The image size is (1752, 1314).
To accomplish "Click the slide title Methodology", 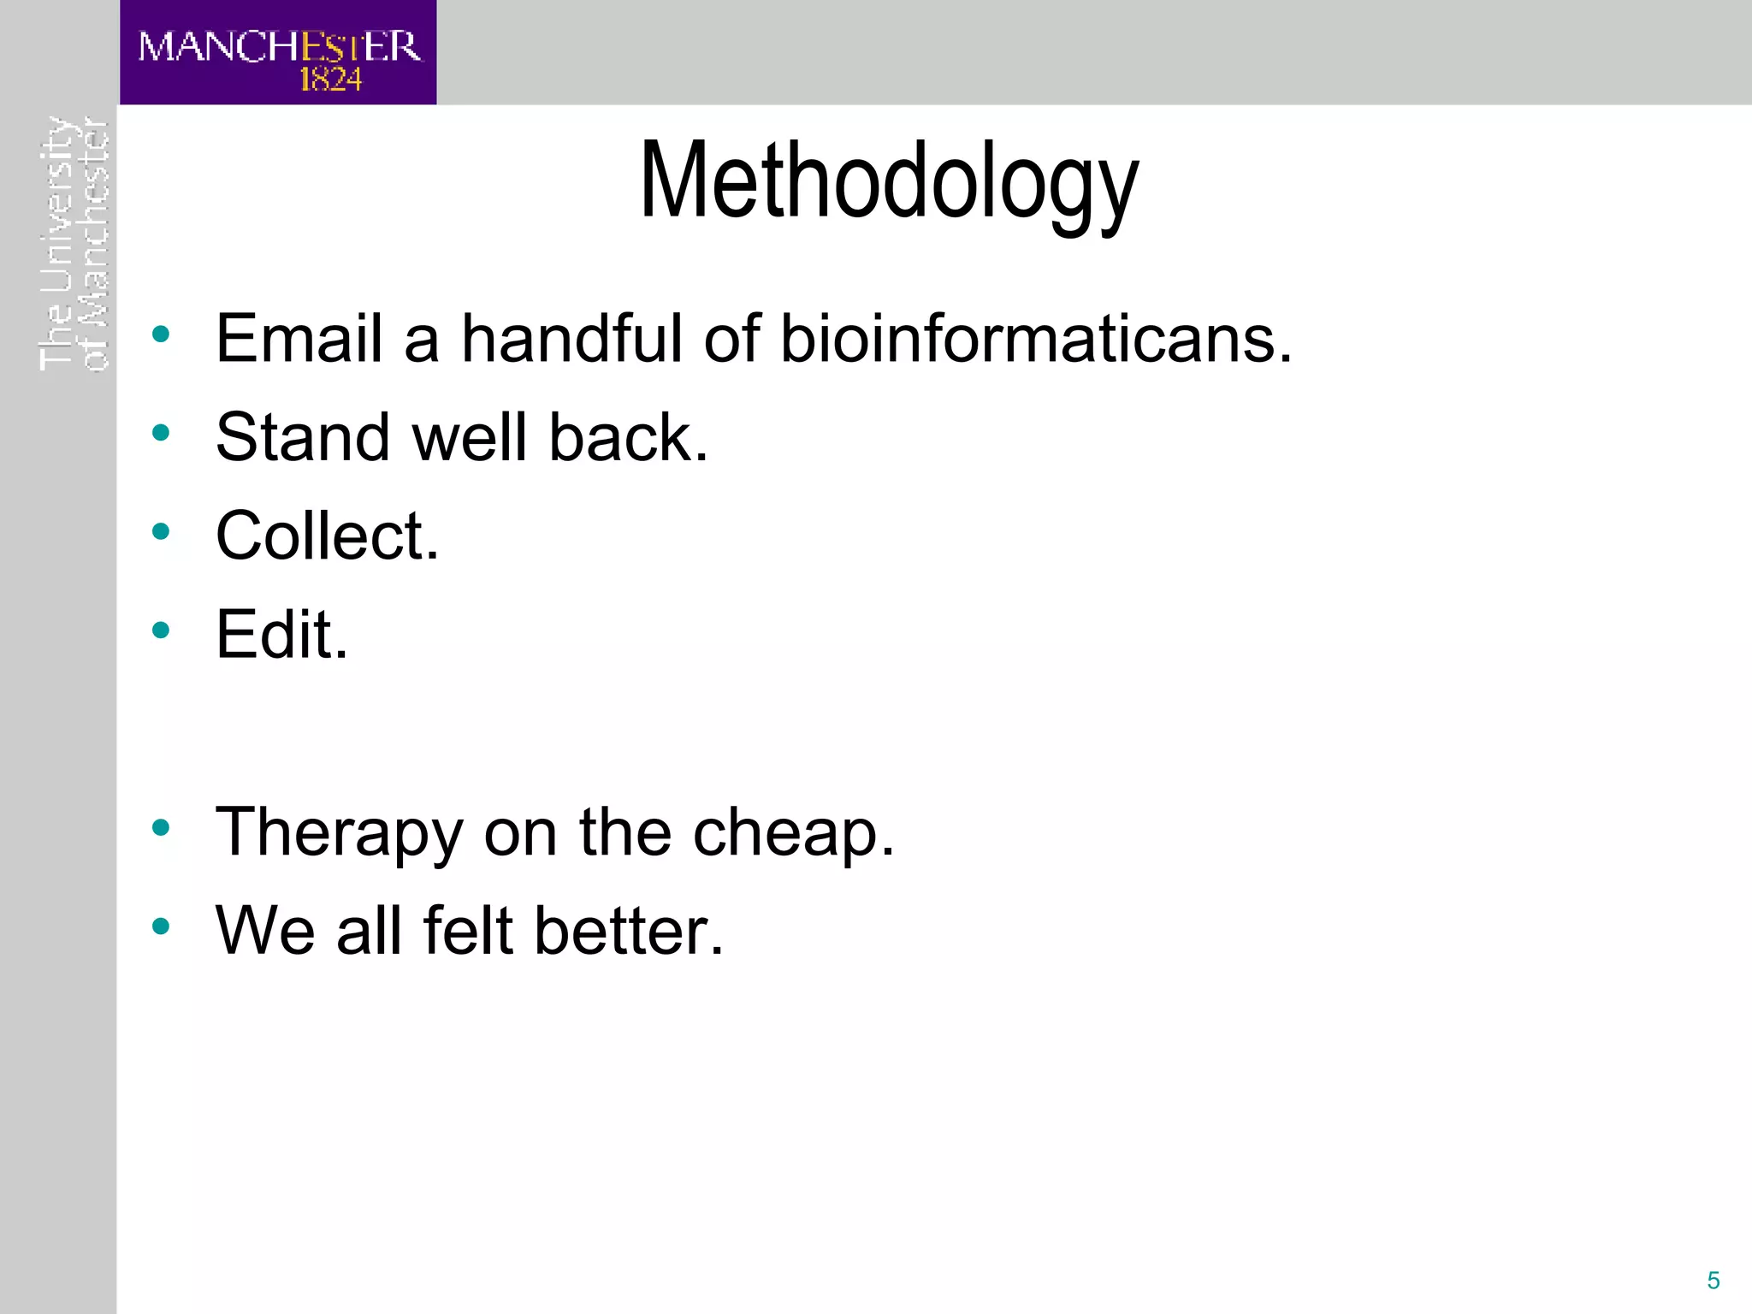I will click(889, 182).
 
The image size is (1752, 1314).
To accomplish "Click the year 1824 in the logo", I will click(330, 80).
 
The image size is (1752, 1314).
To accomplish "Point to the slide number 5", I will click(1713, 1280).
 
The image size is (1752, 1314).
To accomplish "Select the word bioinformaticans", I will click(1035, 339).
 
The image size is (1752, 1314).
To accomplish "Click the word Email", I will click(299, 339).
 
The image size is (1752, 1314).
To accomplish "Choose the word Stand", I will click(303, 438).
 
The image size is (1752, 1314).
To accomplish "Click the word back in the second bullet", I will click(626, 438).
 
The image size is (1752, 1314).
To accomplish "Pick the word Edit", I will click(281, 635).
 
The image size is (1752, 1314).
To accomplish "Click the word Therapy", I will click(339, 833).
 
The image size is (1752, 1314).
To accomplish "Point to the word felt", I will click(468, 931).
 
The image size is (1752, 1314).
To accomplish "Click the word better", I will click(629, 931).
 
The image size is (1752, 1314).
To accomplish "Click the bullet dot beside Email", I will click(160, 334).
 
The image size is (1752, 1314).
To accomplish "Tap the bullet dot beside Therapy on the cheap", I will click(160, 827).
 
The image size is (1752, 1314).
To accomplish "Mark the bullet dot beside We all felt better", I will click(160, 926).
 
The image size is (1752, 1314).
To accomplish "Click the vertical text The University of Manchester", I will click(74, 244).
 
